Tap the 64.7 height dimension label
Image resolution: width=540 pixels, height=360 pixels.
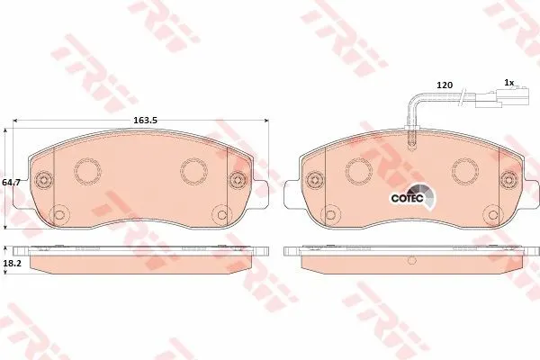tap(12, 182)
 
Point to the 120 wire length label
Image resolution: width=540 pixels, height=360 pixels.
tap(445, 85)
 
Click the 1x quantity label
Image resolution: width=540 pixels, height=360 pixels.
tap(509, 82)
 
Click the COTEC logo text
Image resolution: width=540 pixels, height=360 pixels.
tap(407, 198)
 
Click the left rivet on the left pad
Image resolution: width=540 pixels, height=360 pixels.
tap(43, 179)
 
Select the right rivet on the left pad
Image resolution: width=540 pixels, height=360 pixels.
tap(238, 179)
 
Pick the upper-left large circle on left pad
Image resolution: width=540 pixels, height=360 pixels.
tap(88, 170)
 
